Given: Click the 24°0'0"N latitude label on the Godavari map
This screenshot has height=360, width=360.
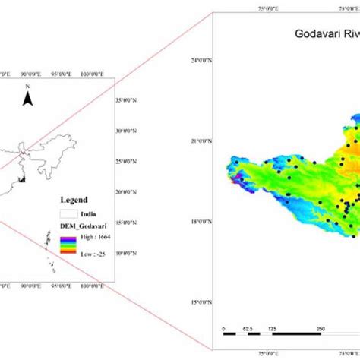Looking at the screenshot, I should pyautogui.click(x=199, y=59).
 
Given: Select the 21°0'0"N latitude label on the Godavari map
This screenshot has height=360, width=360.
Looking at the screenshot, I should pyautogui.click(x=199, y=141).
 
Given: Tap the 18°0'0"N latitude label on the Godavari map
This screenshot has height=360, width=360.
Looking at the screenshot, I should pyautogui.click(x=199, y=222).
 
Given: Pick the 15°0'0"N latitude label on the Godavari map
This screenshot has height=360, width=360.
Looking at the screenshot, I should pyautogui.click(x=199, y=302).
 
